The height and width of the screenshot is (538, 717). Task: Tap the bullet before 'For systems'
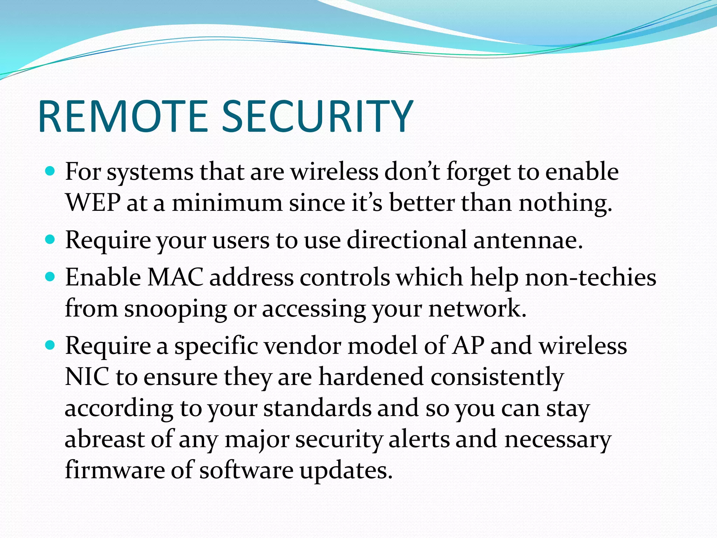[50, 171]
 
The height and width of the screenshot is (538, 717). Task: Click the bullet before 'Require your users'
[50, 240]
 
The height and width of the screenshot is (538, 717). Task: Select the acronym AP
[468, 346]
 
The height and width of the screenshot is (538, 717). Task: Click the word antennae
[528, 240]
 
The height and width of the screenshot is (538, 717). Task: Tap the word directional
[406, 240]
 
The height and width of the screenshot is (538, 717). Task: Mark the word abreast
[105, 439]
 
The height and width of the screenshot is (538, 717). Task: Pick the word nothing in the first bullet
[565, 203]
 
